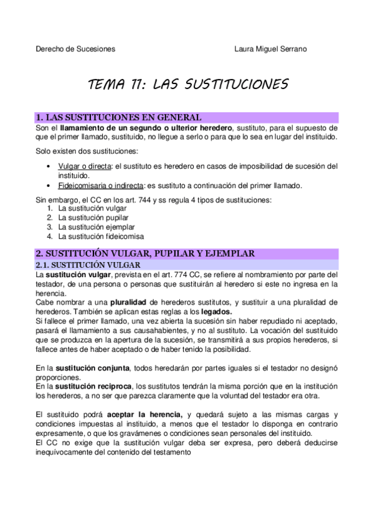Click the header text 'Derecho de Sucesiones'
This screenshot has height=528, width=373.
(75, 49)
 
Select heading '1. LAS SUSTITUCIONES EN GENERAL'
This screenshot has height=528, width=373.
(118, 117)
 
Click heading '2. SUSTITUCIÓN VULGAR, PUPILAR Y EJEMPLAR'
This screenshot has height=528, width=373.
(144, 253)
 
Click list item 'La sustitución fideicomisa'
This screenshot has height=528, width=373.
(101, 236)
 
